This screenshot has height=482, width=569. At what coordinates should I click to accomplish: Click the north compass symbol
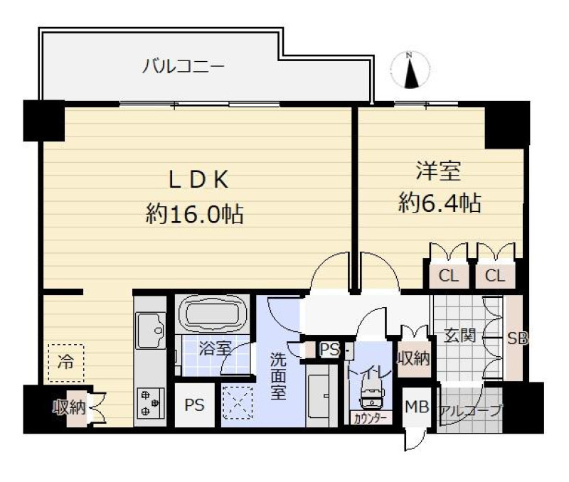[410, 70]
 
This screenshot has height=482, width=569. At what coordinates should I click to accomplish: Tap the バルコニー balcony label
[184, 66]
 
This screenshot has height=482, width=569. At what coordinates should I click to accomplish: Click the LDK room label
[198, 180]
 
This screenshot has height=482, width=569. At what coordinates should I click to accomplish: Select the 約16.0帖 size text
[194, 214]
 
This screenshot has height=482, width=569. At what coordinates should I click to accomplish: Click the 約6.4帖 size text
[440, 203]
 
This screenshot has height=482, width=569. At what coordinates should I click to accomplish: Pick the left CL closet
[449, 276]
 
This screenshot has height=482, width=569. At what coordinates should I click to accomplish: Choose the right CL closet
[495, 276]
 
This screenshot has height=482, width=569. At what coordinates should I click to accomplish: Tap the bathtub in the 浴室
[212, 314]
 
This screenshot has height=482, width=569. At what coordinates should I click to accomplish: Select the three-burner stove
[149, 403]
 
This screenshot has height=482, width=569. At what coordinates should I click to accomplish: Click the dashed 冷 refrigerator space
[65, 363]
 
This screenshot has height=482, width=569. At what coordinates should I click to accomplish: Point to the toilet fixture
[370, 395]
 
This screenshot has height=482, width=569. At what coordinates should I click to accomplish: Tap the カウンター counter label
[370, 418]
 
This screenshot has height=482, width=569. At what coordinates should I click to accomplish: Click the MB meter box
[417, 407]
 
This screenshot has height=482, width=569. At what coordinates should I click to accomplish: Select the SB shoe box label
[517, 338]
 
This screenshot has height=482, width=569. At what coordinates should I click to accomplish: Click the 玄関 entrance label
[459, 335]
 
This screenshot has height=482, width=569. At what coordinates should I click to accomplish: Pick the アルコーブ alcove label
[470, 410]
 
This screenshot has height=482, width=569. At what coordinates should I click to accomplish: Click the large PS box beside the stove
[194, 405]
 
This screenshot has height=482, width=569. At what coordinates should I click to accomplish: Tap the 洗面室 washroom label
[278, 376]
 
